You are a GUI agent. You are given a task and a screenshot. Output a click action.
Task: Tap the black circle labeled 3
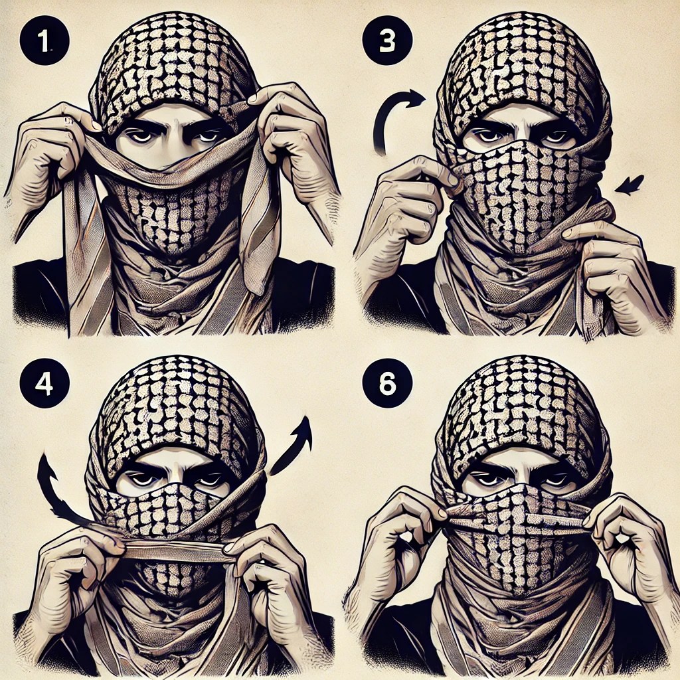pos(387,41)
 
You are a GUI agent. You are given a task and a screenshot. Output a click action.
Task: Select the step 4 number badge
pos(44,383)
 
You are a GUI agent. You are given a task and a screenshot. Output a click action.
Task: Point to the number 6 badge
pos(387,383)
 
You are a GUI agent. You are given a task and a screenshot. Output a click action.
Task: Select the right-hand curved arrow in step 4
pos(295,447)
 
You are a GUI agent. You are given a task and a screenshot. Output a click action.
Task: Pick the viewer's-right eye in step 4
pos(208,479)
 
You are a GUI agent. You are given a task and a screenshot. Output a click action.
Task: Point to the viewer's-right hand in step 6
pos(624,547)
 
